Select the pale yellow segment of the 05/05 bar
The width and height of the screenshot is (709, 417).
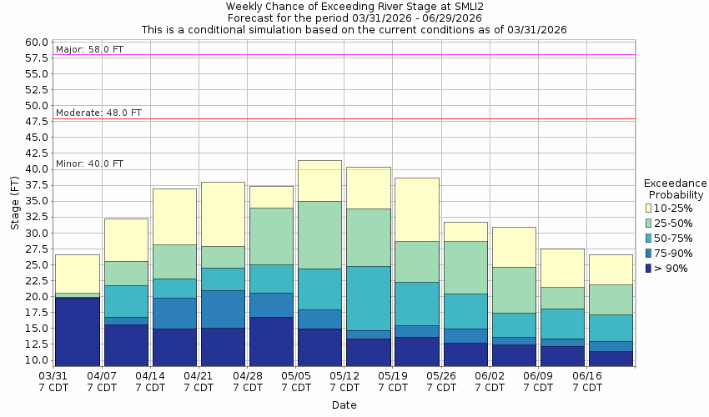(x=319, y=180)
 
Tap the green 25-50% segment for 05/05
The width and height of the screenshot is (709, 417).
(x=319, y=234)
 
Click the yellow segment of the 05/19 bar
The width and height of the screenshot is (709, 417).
(x=416, y=209)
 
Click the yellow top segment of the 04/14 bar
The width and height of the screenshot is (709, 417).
(x=174, y=216)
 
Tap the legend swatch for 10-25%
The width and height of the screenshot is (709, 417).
(x=649, y=208)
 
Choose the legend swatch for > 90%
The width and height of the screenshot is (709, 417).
(x=649, y=268)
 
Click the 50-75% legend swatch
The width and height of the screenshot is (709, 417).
(x=649, y=238)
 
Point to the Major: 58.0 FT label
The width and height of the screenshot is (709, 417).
(x=89, y=49)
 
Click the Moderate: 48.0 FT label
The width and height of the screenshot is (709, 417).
(x=98, y=113)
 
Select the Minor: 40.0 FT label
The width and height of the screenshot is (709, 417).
(x=89, y=163)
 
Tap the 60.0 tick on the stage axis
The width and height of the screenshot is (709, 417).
(x=37, y=43)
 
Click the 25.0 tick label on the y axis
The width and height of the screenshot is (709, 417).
(x=37, y=265)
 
